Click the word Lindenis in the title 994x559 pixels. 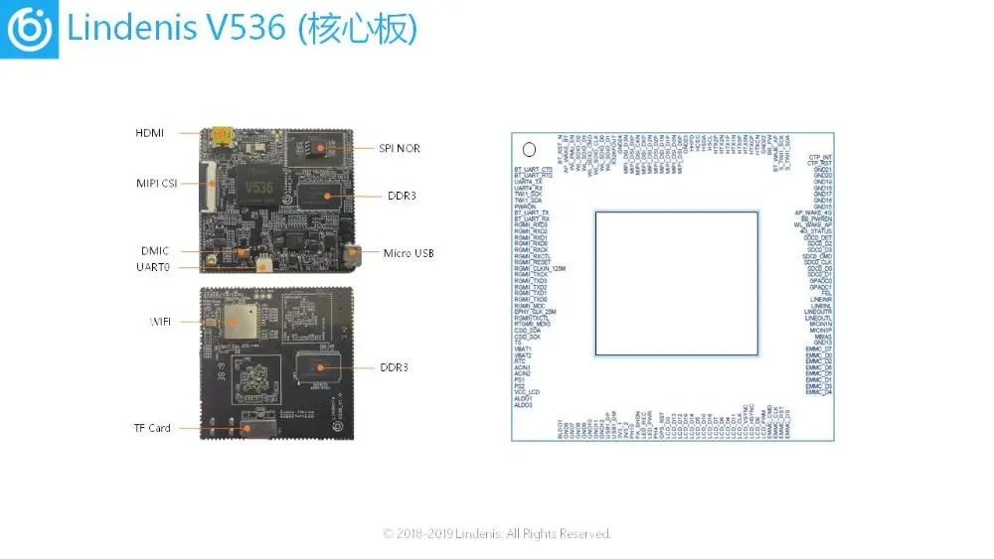(129, 30)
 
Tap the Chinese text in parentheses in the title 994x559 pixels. (355, 30)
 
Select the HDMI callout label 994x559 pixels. (150, 133)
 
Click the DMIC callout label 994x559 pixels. (153, 251)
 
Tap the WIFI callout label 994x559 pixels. (160, 322)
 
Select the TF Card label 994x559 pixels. (152, 428)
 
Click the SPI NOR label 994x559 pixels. (400, 149)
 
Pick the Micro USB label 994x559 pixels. (409, 253)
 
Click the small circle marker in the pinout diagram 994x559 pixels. (529, 151)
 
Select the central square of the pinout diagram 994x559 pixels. (672, 283)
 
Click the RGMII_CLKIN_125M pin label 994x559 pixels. (540, 269)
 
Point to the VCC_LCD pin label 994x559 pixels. (528, 392)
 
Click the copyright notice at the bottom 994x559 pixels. (497, 534)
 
